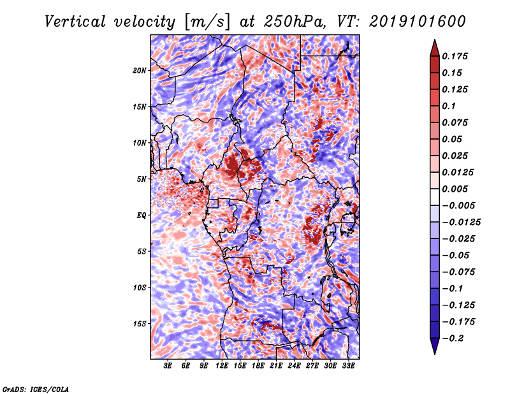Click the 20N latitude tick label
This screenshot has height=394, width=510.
pos(140,71)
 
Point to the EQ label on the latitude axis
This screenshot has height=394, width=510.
pos(142,215)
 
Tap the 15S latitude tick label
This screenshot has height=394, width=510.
pos(140,324)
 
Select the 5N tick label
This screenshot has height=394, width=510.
pos(142,179)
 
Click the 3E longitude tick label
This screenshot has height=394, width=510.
pos(168,366)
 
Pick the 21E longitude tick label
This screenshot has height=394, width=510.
pos(276,366)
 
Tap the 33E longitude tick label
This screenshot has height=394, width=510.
pos(348,366)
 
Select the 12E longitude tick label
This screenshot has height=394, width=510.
pos(222,366)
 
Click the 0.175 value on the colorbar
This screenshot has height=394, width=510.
pos(455,56)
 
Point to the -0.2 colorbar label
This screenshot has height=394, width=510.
pos(453,339)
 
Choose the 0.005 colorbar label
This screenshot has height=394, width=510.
pos(455,189)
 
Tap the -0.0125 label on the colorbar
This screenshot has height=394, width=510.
pos(461,223)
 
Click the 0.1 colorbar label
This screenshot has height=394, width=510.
pos(449,106)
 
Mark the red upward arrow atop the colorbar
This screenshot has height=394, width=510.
pos(435,48)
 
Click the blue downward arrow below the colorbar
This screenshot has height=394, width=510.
pos(435,346)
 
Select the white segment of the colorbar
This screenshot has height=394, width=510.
pos(435,197)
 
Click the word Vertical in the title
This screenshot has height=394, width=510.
pos(75,22)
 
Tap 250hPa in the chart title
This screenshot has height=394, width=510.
pos(295,22)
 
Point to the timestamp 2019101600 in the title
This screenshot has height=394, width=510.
pos(418,22)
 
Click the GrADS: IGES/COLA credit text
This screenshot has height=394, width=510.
pos(36,390)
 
